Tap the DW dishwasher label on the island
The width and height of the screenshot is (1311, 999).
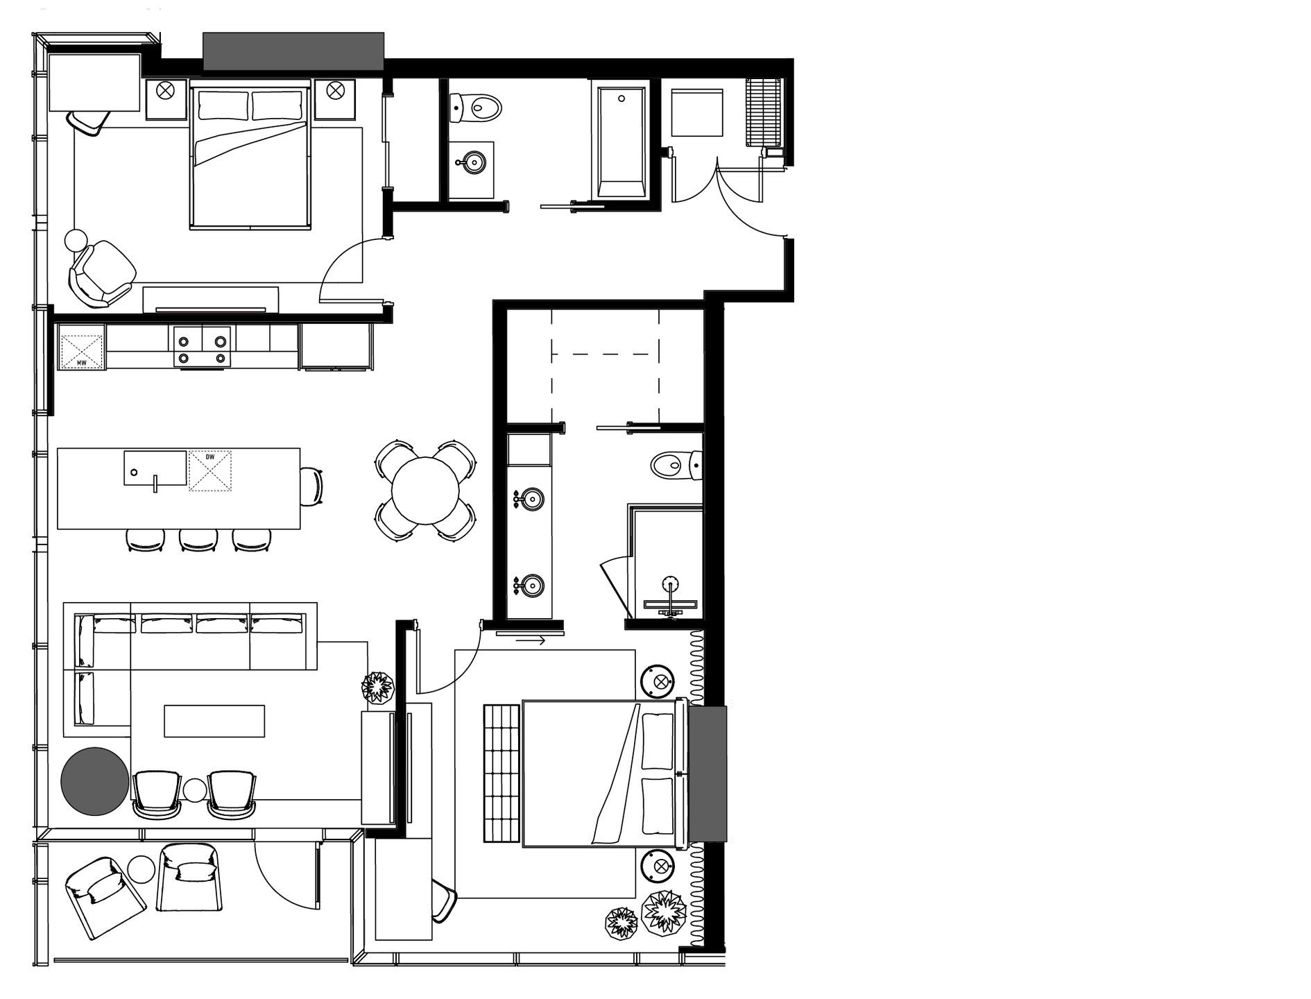210,457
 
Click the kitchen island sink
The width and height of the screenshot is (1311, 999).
155,468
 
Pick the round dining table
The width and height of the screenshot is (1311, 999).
425,490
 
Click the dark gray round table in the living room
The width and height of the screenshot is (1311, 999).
94,780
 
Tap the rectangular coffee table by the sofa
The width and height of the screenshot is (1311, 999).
214,721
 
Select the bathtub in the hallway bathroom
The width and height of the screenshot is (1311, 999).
620,141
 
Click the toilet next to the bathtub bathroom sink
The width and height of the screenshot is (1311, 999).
477,108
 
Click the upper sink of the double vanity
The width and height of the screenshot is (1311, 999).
531,498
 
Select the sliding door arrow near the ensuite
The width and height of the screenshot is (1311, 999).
531,640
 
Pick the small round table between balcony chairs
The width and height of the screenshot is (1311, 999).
142,869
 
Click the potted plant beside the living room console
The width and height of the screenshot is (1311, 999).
378,687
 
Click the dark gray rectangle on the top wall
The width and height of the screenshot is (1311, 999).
293,51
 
